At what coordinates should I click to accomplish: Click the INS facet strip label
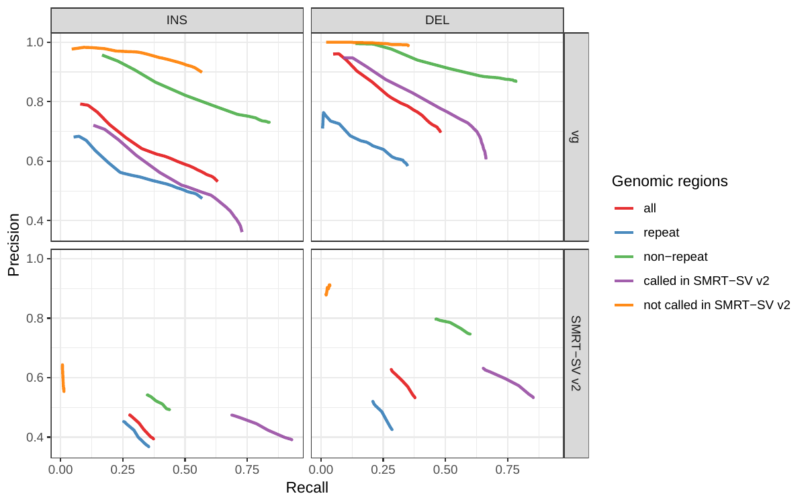pos(177,20)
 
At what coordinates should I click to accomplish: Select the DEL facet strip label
pos(437,20)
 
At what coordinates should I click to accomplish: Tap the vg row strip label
pos(576,136)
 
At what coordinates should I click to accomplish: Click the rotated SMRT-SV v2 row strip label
pos(576,353)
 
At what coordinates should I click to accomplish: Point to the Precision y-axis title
pos(13,245)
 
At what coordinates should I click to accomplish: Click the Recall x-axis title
pos(307,487)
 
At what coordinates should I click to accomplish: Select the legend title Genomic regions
pos(670,181)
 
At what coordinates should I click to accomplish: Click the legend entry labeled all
pos(650,208)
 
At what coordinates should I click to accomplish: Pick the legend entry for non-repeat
pos(675,257)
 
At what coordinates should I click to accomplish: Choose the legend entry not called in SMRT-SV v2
pos(717,305)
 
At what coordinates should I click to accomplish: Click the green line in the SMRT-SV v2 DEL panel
pos(453,325)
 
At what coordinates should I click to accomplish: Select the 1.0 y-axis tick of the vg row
pos(34,42)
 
